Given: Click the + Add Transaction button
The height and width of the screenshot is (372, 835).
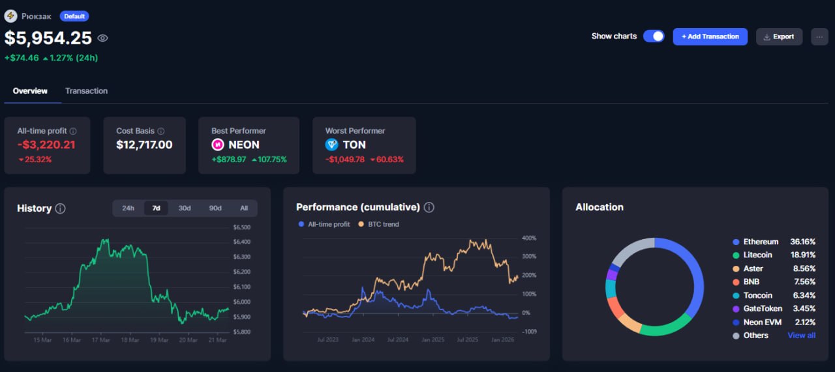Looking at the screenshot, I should [x=710, y=36].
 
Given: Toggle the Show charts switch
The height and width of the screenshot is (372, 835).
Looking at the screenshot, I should [x=653, y=36].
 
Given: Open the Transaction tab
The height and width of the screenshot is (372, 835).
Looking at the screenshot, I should [x=86, y=91].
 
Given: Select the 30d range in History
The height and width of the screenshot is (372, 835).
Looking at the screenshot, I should [x=185, y=208].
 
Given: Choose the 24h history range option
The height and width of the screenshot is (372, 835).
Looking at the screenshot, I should [x=128, y=208].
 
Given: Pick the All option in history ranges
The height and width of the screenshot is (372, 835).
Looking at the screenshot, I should [x=244, y=208].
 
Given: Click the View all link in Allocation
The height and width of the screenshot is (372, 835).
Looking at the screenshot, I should [x=801, y=336].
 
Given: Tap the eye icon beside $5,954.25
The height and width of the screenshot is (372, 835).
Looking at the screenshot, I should [x=102, y=38].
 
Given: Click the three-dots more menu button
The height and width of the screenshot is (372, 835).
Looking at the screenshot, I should [x=819, y=36].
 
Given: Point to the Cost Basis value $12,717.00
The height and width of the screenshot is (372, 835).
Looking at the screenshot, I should [x=144, y=145].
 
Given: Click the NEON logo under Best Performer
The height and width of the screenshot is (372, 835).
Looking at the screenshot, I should [x=218, y=145].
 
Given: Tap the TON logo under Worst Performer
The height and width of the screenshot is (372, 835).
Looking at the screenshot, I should [x=331, y=145].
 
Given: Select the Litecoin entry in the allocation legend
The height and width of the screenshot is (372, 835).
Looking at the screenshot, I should [x=757, y=255].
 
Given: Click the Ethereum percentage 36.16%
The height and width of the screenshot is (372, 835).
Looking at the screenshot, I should [x=802, y=242].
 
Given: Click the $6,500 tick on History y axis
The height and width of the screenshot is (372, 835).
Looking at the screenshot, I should [x=241, y=227].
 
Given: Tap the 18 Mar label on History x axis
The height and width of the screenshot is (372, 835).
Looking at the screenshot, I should [x=130, y=340].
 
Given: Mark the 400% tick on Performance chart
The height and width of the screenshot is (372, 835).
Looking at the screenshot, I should [x=528, y=238].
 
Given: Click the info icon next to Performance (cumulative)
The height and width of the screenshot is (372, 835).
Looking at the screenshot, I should [x=429, y=207].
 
